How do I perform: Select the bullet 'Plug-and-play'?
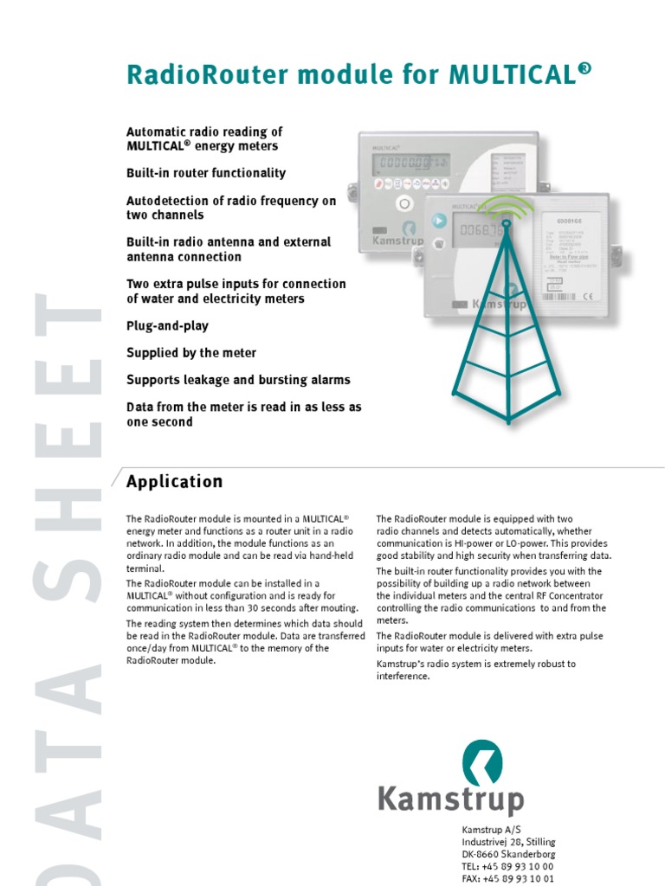click(167, 326)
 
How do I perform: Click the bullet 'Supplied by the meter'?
click(191, 353)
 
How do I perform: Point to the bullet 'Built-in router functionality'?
click(206, 173)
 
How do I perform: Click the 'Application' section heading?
click(174, 482)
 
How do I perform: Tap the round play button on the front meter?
click(439, 221)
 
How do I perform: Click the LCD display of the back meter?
click(411, 164)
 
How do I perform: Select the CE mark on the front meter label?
click(586, 298)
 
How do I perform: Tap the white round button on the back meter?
click(404, 204)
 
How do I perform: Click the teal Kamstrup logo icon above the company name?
click(481, 762)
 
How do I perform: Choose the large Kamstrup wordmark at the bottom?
click(450, 799)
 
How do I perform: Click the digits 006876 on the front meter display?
click(481, 231)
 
